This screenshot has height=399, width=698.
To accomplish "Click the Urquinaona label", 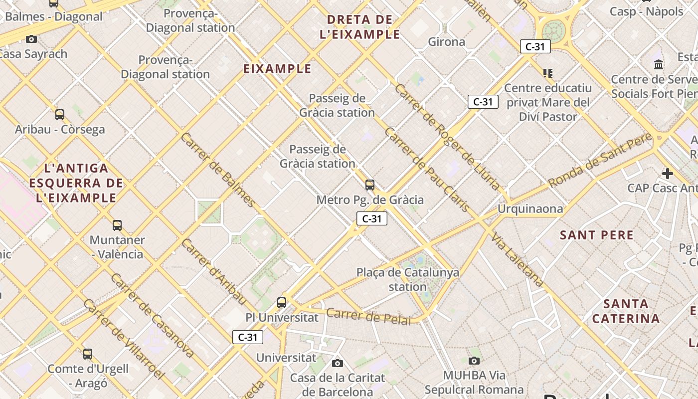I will tap(530, 208).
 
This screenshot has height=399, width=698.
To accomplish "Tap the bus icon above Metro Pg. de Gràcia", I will tap(369, 185).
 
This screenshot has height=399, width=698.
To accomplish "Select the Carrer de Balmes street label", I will tap(218, 170).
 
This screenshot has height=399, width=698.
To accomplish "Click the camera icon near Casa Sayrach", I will tap(31, 39).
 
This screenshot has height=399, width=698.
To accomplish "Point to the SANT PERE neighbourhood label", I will tap(597, 235).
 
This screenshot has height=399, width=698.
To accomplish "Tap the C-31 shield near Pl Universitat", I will tap(248, 337).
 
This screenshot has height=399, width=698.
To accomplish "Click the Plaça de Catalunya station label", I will tap(408, 279).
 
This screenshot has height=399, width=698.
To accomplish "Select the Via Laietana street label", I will tap(517, 260).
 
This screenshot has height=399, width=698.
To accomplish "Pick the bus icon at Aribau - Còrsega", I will tap(60, 115).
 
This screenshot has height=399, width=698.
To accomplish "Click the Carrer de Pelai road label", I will tap(369, 316).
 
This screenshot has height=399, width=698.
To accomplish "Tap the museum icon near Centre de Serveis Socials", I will tap(659, 64).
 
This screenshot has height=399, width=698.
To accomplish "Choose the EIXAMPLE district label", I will tap(277, 69).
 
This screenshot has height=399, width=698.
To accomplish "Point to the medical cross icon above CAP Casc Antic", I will tap(667, 174).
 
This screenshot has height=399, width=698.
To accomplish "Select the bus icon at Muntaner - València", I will tap(117, 225).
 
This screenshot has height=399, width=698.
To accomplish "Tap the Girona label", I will tap(447, 42).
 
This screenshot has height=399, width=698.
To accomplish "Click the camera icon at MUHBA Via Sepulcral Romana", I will tap(474, 361).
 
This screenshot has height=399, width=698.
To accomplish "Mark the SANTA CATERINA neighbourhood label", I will tap(626, 311).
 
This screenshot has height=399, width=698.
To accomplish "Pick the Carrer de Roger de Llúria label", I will tap(447, 137).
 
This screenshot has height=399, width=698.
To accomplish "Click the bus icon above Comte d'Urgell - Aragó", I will tap(88, 354).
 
